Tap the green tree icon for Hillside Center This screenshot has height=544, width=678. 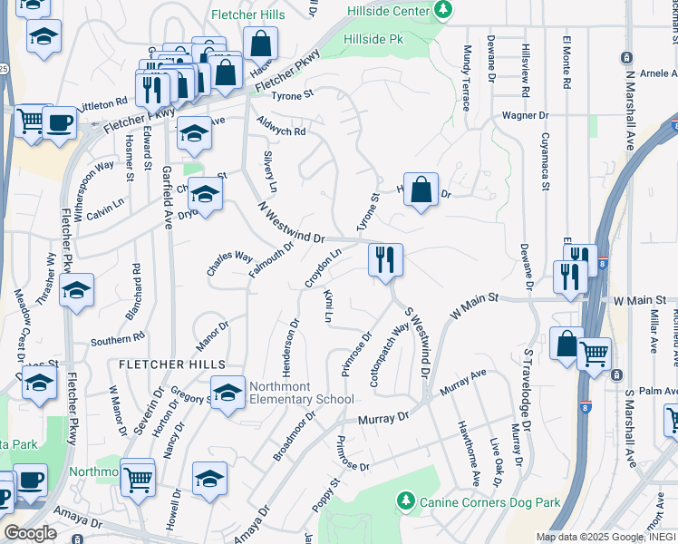[443, 10]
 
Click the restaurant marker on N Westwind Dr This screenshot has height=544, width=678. [385, 259]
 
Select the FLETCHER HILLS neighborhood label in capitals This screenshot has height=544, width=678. [172, 363]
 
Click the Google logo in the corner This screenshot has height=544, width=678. [30, 533]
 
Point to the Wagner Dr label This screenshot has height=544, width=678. [526, 115]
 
